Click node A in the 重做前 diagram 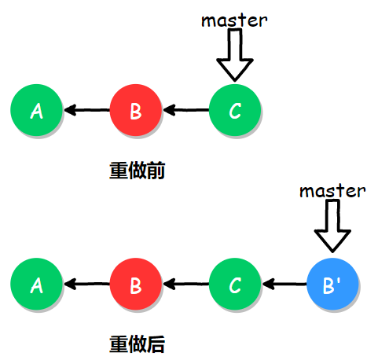pyautogui.click(x=36, y=110)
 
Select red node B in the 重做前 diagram pyautogui.click(x=135, y=110)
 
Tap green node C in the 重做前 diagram pyautogui.click(x=234, y=110)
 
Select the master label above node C pyautogui.click(x=234, y=20)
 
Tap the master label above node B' pyautogui.click(x=333, y=190)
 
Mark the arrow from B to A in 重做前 pyautogui.click(x=86, y=110)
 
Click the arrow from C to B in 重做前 pyautogui.click(x=185, y=110)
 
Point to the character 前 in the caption pyautogui.click(x=155, y=171)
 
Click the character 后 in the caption pyautogui.click(x=155, y=343)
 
